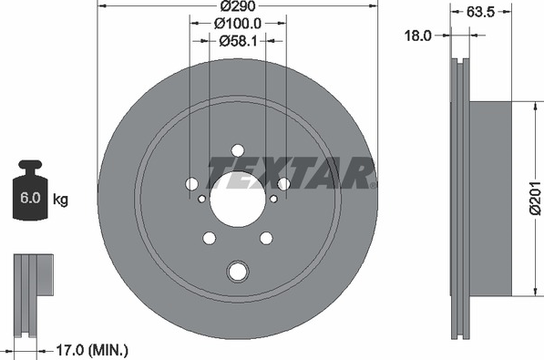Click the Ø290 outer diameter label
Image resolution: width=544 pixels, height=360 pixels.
click(x=238, y=5)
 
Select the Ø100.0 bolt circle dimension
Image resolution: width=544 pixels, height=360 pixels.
click(x=238, y=24)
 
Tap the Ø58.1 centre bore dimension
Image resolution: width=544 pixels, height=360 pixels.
click(x=238, y=41)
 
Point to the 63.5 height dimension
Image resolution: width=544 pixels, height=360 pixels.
click(x=480, y=12)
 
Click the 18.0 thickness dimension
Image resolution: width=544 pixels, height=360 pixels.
click(x=418, y=36)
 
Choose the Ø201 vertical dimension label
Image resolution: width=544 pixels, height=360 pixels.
click(x=536, y=198)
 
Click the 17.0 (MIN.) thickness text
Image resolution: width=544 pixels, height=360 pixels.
click(x=92, y=350)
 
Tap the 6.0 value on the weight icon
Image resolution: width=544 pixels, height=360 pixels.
click(x=30, y=198)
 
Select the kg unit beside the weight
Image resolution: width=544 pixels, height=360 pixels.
click(x=60, y=200)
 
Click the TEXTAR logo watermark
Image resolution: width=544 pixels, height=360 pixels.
click(x=292, y=172)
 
